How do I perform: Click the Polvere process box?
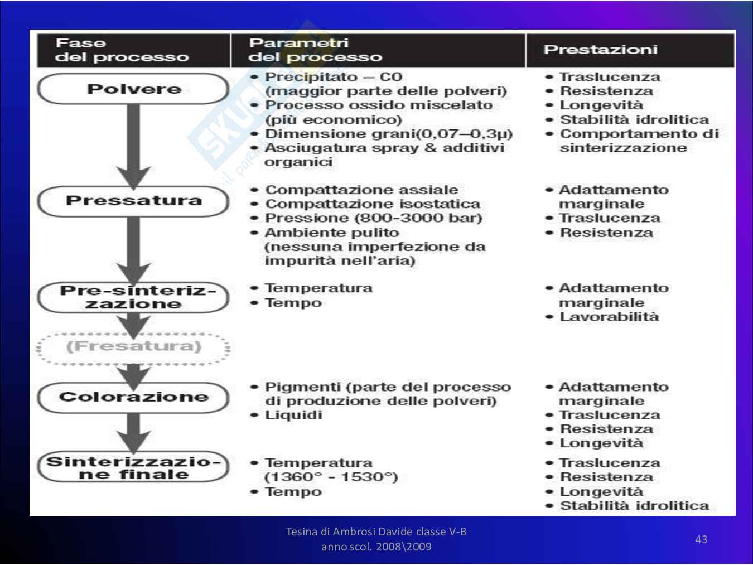(133, 89)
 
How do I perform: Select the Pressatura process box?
(133, 201)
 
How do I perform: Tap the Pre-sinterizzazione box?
(133, 297)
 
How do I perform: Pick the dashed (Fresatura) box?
(133, 347)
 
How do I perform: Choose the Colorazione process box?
(133, 397)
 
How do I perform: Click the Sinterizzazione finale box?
(133, 467)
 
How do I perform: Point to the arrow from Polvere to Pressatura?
(133, 145)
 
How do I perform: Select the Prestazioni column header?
(600, 50)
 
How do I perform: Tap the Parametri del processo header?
(315, 50)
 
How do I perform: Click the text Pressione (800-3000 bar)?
(373, 218)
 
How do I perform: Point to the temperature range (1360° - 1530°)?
(331, 477)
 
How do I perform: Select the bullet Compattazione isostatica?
(372, 204)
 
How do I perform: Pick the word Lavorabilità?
(609, 317)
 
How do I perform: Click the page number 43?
(701, 539)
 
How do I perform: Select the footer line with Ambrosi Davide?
(376, 532)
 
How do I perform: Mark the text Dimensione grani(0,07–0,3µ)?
(388, 134)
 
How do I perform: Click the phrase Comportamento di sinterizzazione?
(639, 141)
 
